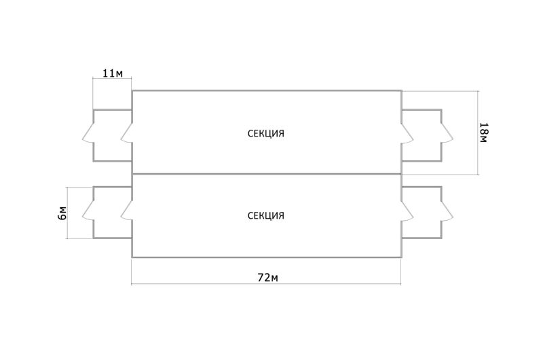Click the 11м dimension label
click(112, 73)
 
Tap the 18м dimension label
click(483, 132)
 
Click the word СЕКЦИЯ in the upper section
click(266, 133)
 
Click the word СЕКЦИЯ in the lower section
click(266, 216)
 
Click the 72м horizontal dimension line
click(204, 283)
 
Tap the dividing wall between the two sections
click(266, 174)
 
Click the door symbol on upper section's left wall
click(127, 133)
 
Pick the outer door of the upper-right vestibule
click(447, 133)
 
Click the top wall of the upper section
click(266, 90)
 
